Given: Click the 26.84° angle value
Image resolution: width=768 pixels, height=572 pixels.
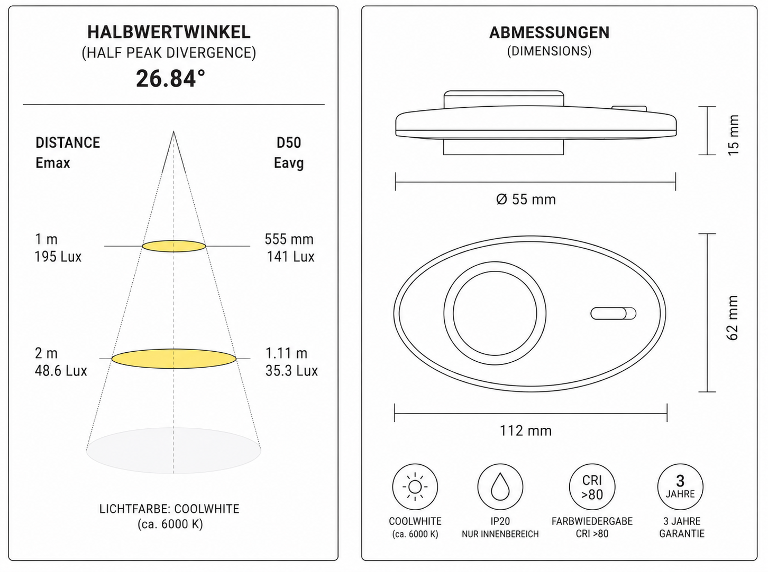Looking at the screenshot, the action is (x=170, y=79).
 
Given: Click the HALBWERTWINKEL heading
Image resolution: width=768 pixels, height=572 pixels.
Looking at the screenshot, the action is (x=169, y=32).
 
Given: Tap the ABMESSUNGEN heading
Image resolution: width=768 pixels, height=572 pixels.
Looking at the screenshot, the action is (x=550, y=33).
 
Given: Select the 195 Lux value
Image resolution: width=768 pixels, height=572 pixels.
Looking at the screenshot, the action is (x=58, y=257).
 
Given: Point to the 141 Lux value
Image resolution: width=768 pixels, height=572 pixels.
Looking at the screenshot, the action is (x=290, y=257).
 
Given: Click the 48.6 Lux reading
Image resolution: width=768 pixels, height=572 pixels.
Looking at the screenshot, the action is (x=60, y=371).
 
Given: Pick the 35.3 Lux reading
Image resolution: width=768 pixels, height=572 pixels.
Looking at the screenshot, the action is (x=291, y=371).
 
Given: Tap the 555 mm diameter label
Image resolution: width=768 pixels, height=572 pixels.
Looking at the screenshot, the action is (x=289, y=239).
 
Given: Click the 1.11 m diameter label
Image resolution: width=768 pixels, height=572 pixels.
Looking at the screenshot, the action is (x=286, y=353).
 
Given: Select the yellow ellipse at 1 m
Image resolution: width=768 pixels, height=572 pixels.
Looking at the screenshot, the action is (x=174, y=246).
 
